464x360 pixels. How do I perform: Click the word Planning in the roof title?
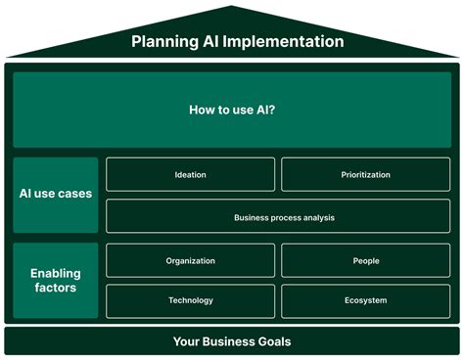(164, 42)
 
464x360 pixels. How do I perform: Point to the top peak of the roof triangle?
(231, 6)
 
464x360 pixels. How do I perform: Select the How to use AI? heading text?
(232, 110)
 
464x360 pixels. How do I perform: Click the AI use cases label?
(56, 194)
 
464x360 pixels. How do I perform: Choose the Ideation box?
(191, 174)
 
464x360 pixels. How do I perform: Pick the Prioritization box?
(365, 174)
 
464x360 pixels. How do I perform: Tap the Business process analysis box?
(278, 216)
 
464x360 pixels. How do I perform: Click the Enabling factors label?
(56, 281)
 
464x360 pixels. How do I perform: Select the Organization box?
(191, 260)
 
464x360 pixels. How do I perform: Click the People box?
(365, 260)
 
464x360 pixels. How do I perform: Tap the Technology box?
(191, 301)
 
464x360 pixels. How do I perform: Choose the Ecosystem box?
(365, 301)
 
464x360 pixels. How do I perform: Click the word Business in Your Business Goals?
(228, 341)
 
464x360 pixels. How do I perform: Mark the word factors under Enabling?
(56, 288)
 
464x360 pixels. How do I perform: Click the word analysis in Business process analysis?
(319, 218)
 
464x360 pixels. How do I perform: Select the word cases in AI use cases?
(75, 194)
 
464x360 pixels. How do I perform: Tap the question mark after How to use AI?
(272, 110)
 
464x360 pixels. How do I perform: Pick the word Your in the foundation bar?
(186, 341)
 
